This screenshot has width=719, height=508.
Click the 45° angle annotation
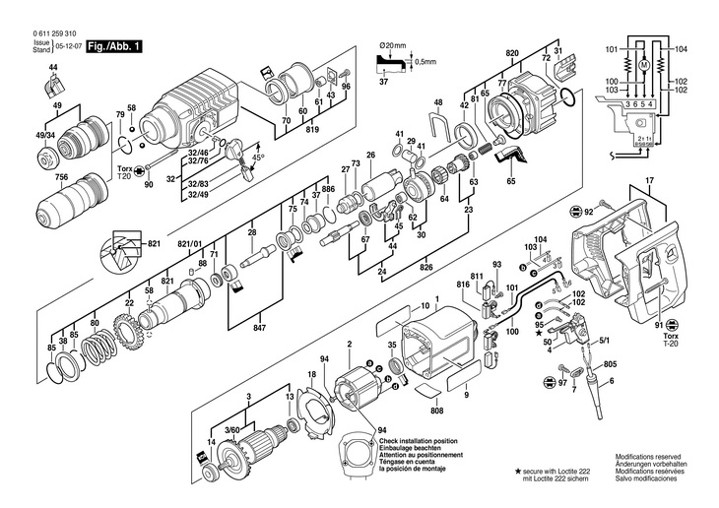[x=258, y=159]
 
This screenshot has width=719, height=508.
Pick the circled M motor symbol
[x=643, y=65]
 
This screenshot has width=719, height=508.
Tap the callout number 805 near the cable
[x=610, y=365]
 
